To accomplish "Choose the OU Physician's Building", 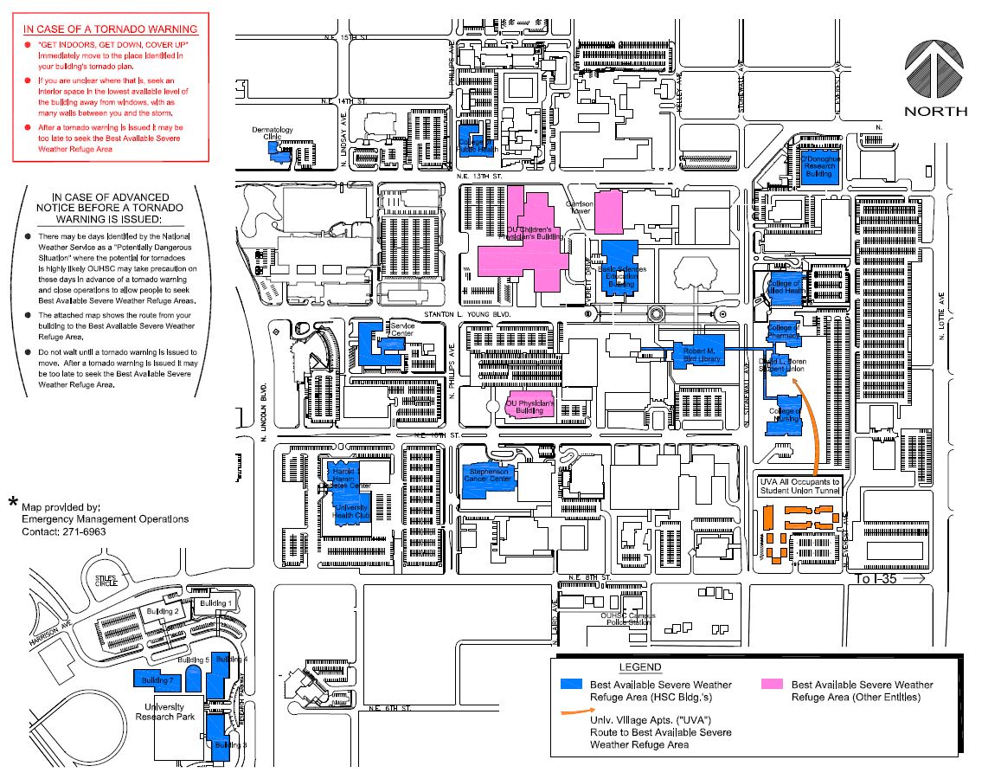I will (x=529, y=405).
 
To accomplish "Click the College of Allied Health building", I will (x=786, y=286).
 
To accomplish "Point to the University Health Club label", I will (x=351, y=511).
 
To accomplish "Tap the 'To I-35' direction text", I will (x=876, y=578).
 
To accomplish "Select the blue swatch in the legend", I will (x=571, y=684).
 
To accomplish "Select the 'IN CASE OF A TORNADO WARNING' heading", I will (x=111, y=29).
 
